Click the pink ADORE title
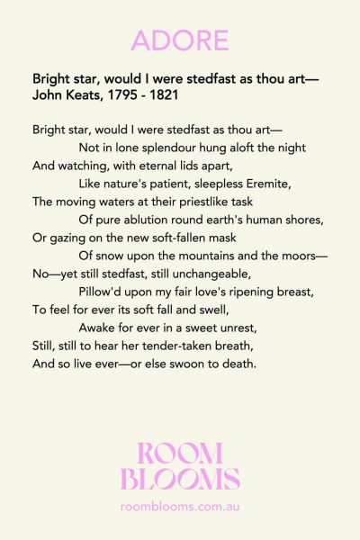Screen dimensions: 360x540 180,40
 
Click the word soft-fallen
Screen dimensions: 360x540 175,238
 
